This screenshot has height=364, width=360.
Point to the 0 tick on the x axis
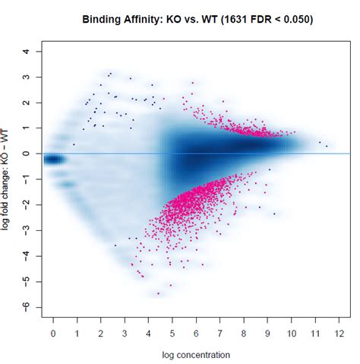point(53,333)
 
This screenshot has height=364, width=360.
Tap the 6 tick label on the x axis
point(196,333)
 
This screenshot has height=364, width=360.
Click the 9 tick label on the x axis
point(267,333)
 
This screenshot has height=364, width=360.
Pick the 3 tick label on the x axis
point(125,333)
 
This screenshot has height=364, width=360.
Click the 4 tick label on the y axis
point(27,52)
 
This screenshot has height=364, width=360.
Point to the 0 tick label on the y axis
point(27,154)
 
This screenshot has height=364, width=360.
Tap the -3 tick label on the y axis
point(27,229)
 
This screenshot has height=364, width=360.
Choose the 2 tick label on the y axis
point(27,103)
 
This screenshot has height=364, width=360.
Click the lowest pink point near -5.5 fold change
point(158,293)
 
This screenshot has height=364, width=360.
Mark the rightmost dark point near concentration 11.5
point(327,145)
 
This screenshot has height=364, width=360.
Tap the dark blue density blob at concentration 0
point(53,159)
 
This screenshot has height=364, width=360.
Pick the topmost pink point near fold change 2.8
point(192,83)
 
